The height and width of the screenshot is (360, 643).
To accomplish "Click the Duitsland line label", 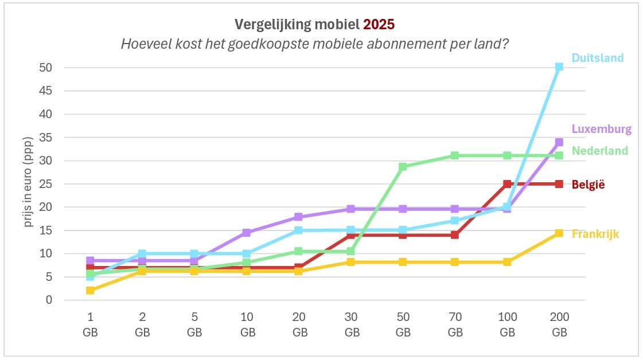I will (x=597, y=58).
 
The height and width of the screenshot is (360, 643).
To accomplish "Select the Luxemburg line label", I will (x=601, y=129).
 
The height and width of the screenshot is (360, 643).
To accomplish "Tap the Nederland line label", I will (x=599, y=151).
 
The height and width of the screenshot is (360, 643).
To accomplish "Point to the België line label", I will (x=588, y=185).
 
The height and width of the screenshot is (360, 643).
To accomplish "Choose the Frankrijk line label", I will (x=595, y=234).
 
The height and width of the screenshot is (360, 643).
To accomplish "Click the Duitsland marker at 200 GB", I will (x=559, y=67).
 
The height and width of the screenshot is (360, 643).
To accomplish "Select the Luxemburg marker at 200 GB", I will (x=559, y=142).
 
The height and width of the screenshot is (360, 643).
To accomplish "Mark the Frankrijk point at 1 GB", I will (x=90, y=291).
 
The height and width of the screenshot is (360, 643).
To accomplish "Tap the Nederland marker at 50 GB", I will (x=403, y=167).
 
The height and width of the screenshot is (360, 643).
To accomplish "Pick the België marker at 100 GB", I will (x=507, y=184).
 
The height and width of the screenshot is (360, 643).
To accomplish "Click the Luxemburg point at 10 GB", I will (x=247, y=233).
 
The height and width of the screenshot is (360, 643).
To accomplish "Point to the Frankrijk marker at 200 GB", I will (x=559, y=233).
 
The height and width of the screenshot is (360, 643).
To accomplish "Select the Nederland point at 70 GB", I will (x=455, y=155).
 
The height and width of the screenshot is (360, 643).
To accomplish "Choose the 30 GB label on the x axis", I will (x=351, y=325).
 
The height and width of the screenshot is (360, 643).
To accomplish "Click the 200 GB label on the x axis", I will (x=559, y=325).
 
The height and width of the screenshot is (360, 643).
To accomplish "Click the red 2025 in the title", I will (x=379, y=25).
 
